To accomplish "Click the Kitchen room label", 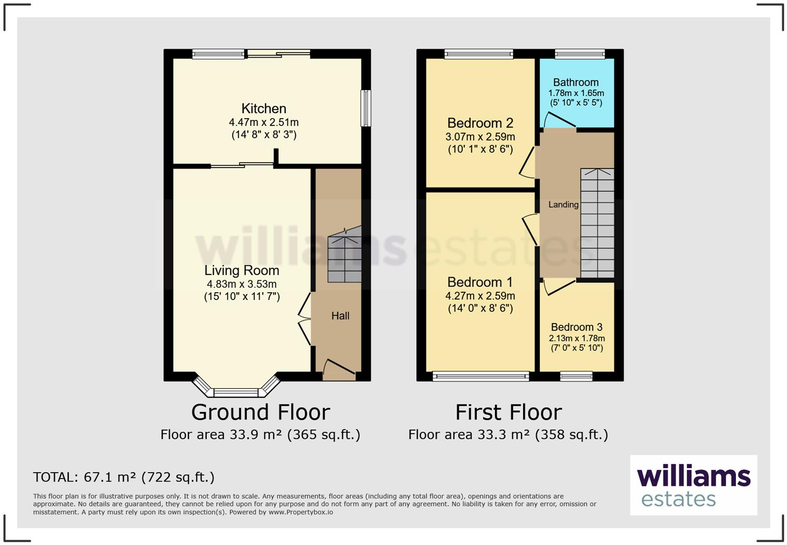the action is tap(264, 109).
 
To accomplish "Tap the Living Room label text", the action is tap(242, 270).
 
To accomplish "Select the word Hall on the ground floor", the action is tap(340, 316).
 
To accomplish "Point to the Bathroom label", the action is tap(576, 82).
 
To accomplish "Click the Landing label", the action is tap(564, 204).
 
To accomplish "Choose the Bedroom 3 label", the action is tap(577, 327).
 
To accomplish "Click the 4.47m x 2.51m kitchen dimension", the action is tap(264, 122).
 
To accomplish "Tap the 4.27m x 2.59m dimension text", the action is tap(480, 296).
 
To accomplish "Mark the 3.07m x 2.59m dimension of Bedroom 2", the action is tap(480, 137).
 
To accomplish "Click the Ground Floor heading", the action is tap(260, 412).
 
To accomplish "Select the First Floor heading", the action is tap(509, 412).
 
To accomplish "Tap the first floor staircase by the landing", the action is tap(598, 223).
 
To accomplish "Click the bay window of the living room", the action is tap(236, 387).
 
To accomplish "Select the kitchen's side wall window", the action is tap(366, 108).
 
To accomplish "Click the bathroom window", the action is tap(580, 54).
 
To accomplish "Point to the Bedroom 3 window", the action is tap(576, 377).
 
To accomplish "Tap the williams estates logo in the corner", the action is tap(693, 485).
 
